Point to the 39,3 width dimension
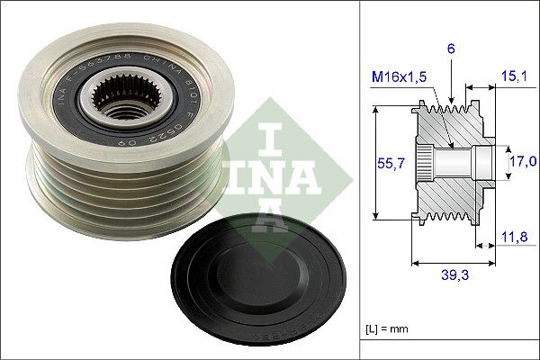[453, 275]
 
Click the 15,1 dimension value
[514, 77]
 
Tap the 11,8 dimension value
[514, 238]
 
